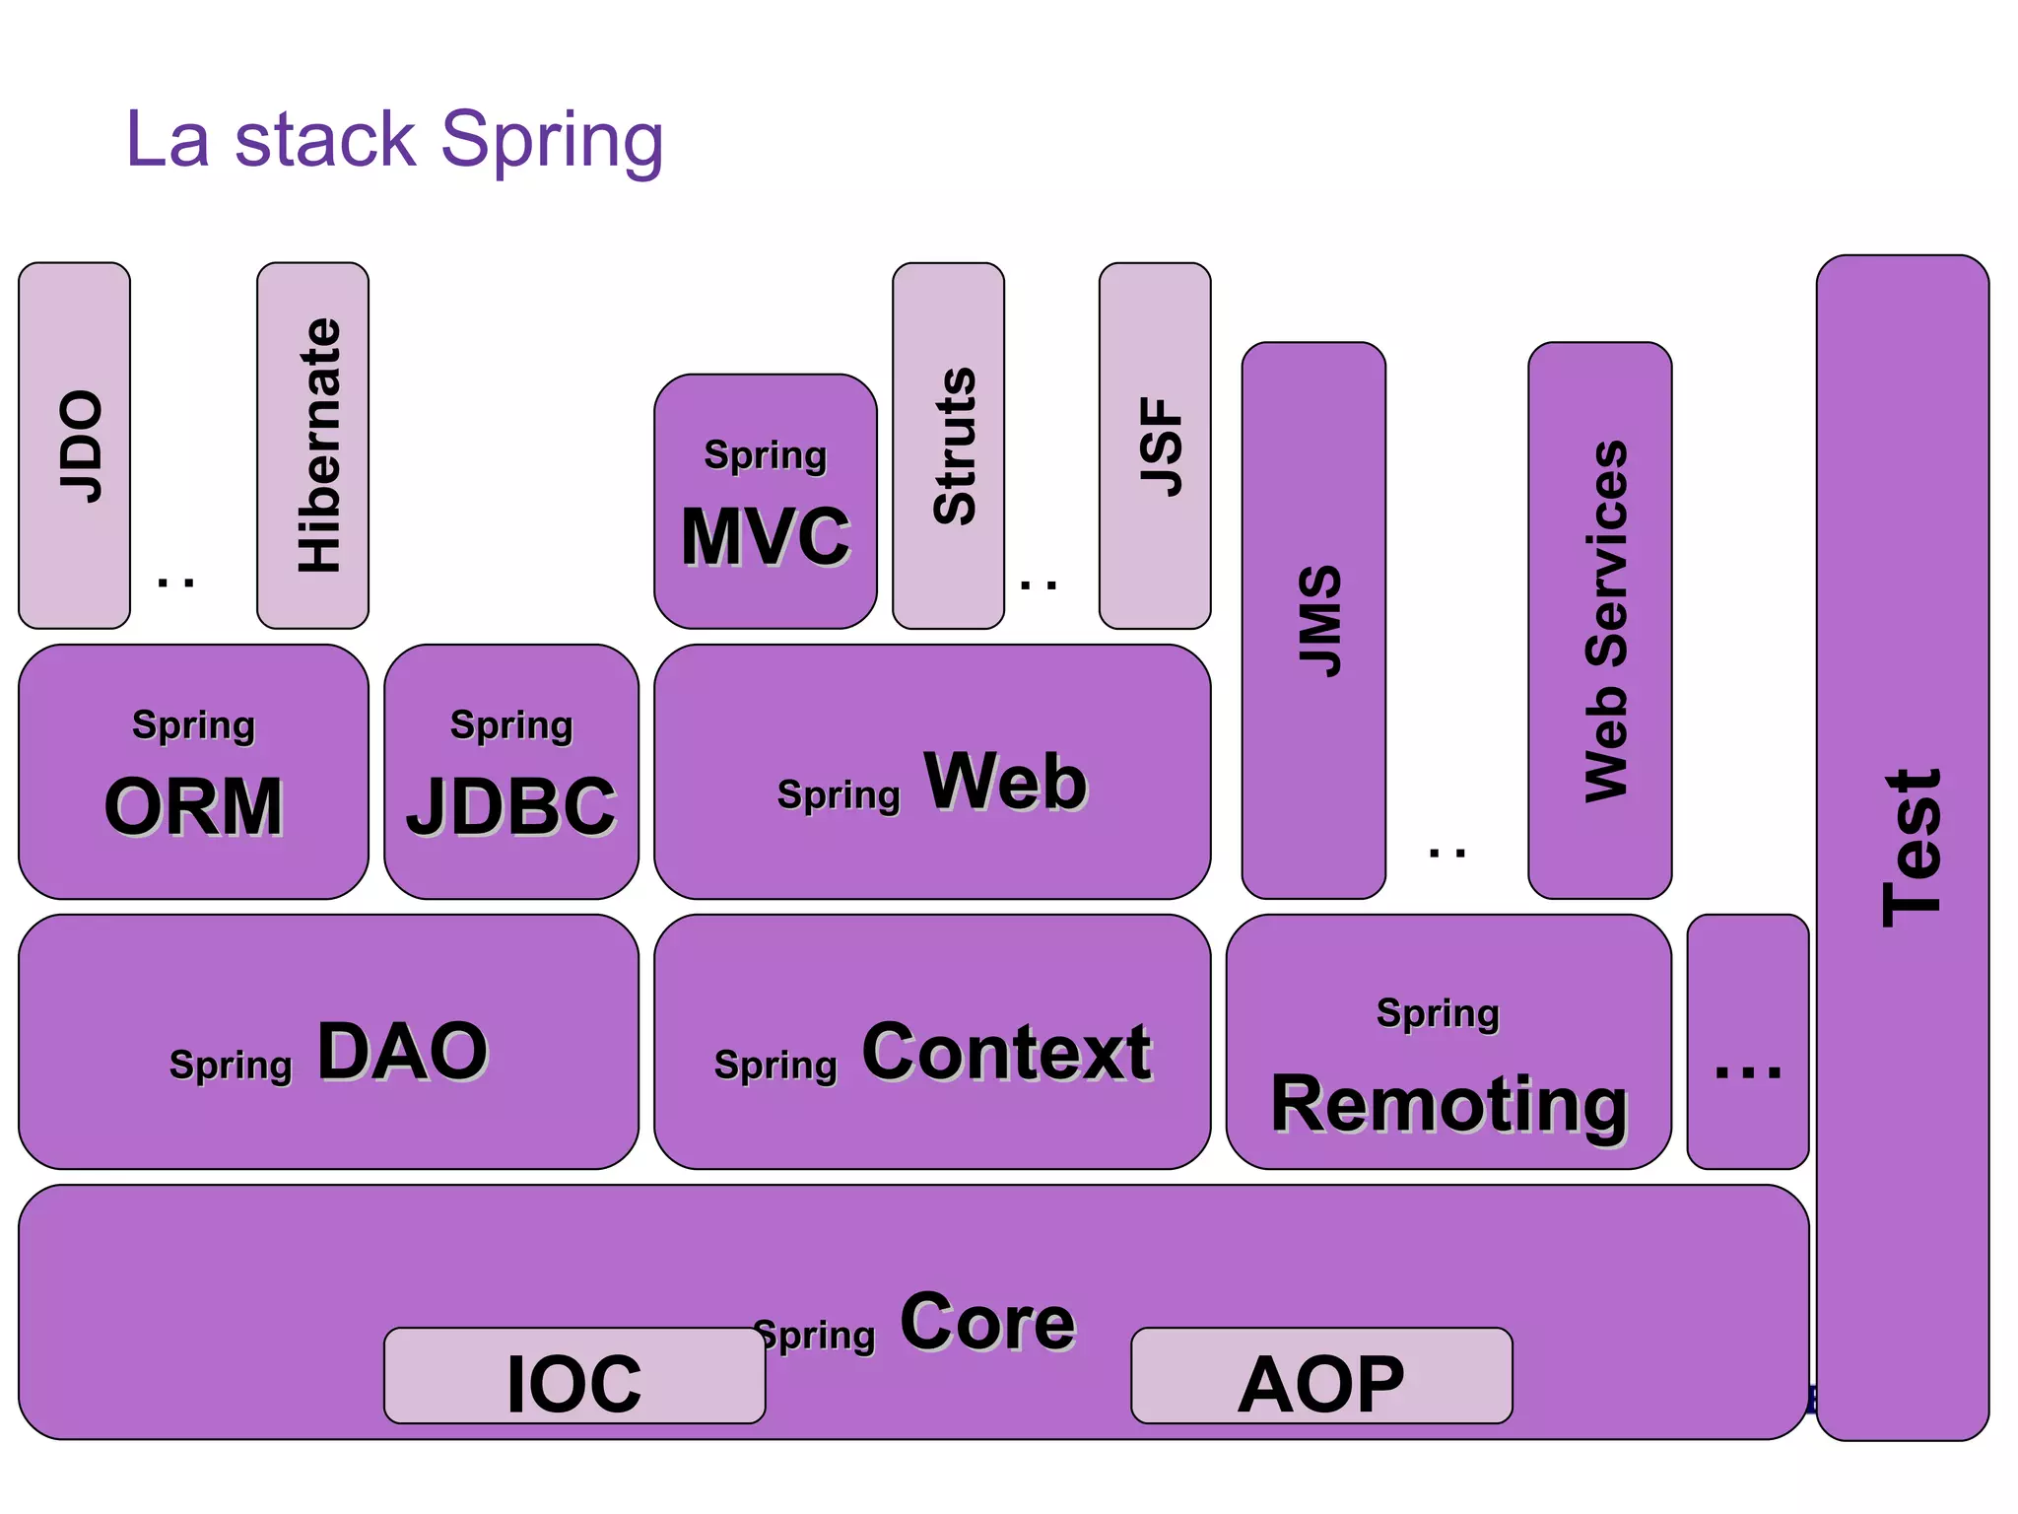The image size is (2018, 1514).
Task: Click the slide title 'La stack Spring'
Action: [394, 141]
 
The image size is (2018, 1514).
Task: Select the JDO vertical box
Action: [75, 446]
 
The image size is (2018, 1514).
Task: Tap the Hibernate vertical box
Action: [313, 446]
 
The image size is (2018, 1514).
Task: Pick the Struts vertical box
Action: [949, 446]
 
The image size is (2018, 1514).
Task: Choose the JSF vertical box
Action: [1155, 446]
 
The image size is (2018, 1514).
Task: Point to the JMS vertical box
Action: [1313, 621]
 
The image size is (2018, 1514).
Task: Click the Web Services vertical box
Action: [1599, 621]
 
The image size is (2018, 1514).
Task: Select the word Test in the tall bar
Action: [1912, 848]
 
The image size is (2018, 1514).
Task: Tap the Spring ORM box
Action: [193, 772]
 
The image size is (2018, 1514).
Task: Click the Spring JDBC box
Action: [511, 772]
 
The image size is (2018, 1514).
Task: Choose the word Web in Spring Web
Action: [1005, 782]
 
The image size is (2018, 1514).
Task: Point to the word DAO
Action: [402, 1052]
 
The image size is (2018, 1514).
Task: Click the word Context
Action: [1006, 1052]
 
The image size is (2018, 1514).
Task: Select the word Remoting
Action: [1448, 1104]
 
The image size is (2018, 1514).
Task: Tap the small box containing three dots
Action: [1748, 1043]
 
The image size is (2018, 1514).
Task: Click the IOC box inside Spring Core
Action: [574, 1377]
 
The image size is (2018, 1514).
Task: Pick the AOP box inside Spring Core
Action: [1321, 1377]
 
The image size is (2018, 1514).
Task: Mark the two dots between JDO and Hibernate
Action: [176, 583]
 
